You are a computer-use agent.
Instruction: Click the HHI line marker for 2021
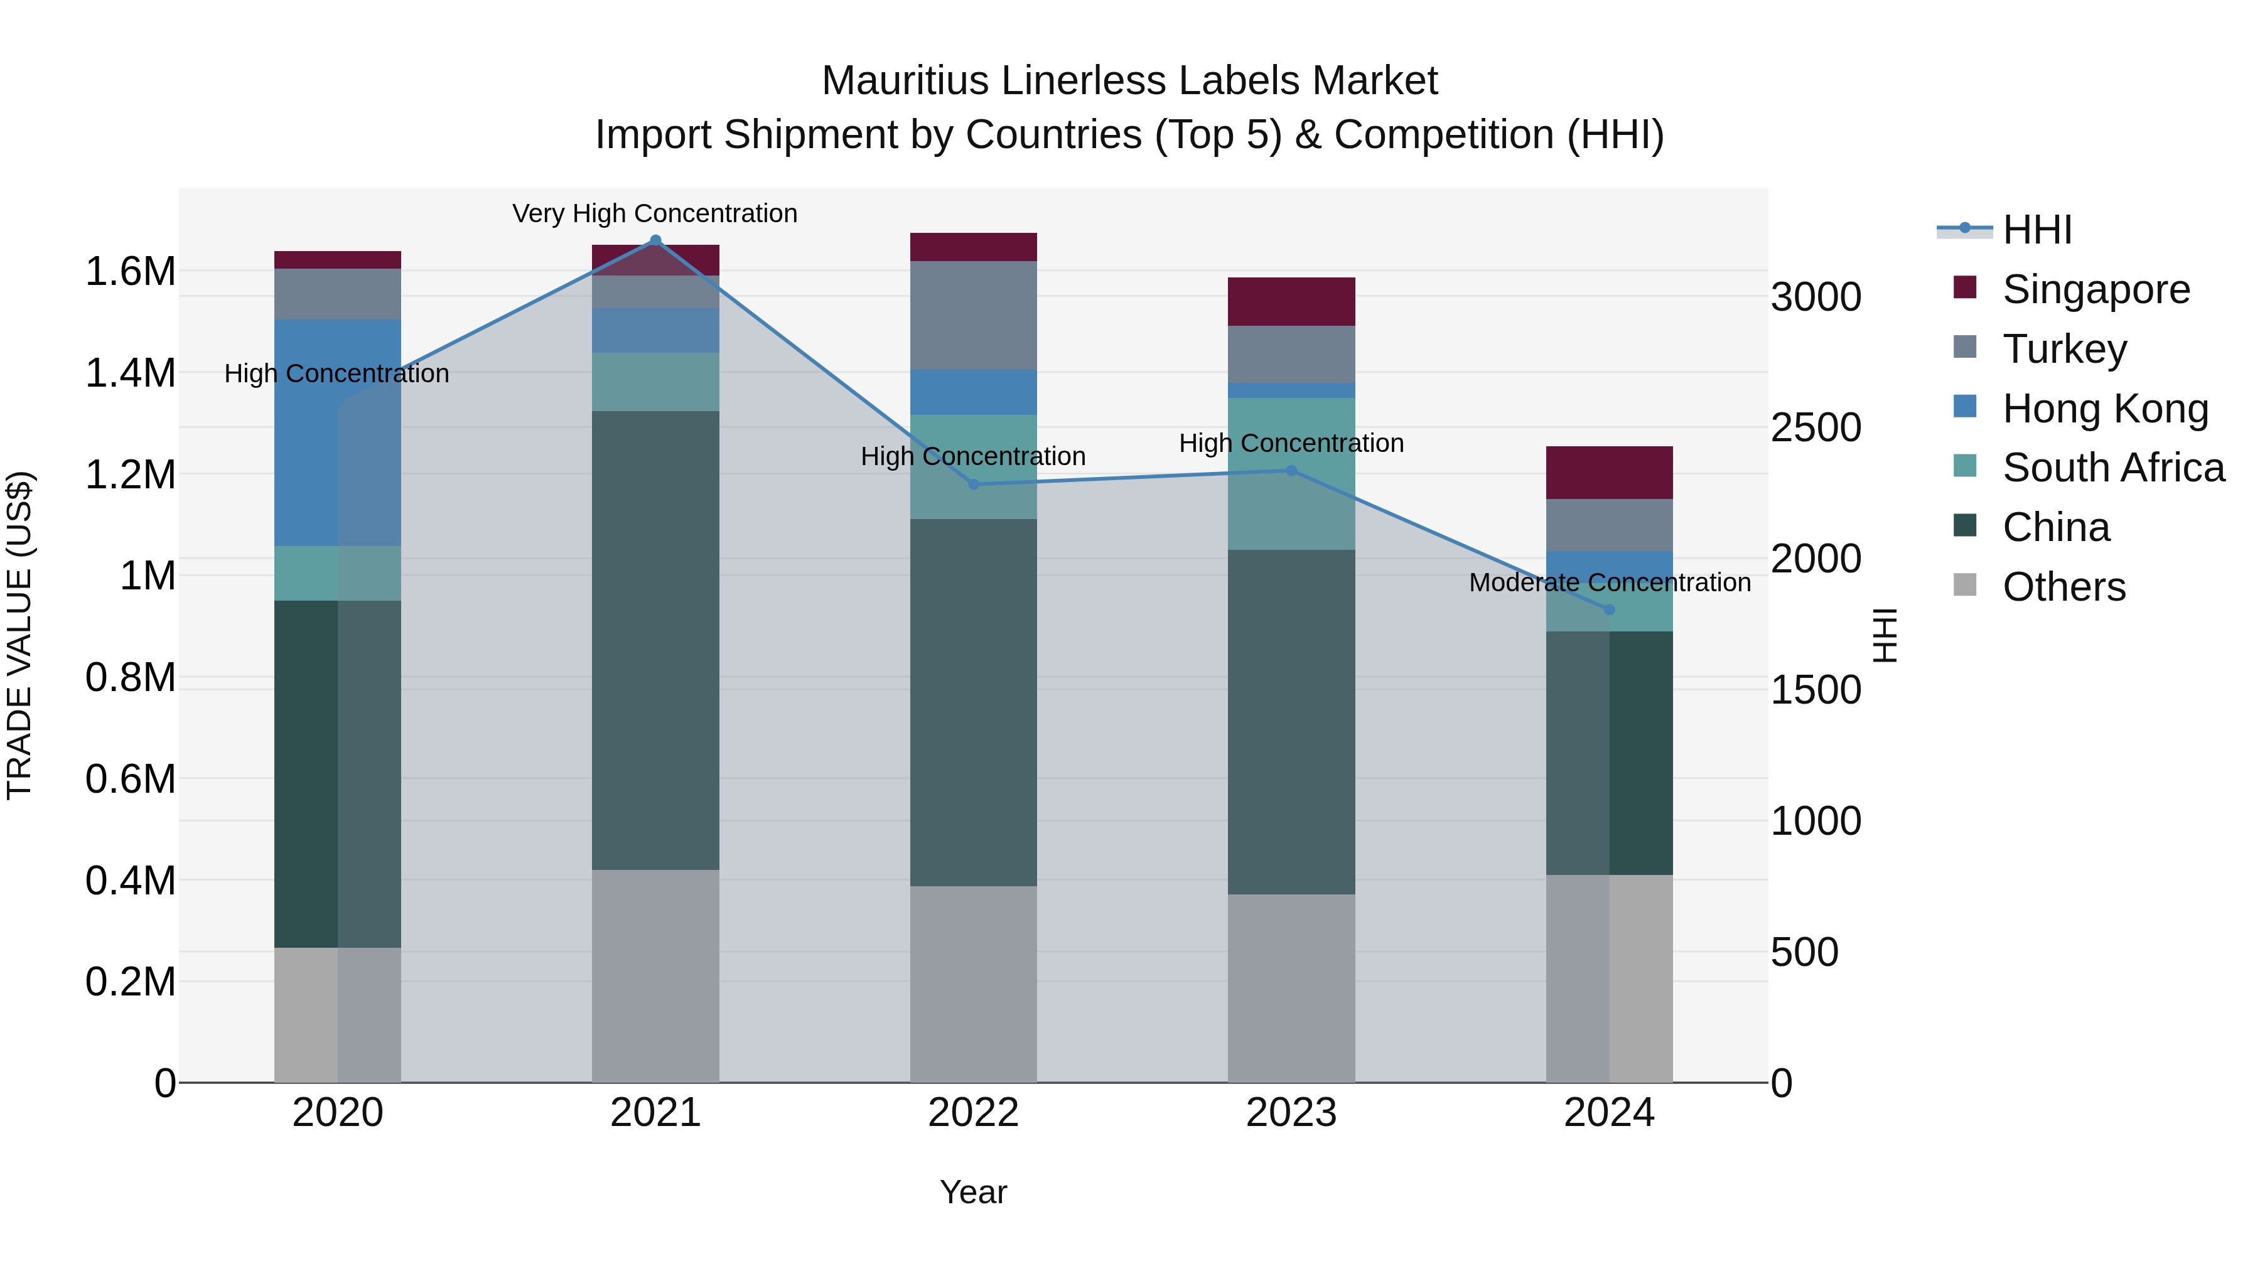coord(655,240)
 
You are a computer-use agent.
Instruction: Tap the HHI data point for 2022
coord(973,484)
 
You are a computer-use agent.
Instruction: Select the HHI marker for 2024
coord(1609,609)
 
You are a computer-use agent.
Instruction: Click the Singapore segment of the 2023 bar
coord(1291,302)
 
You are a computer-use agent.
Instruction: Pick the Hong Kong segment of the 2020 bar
coord(338,432)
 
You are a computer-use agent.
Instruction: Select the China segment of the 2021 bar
coord(655,640)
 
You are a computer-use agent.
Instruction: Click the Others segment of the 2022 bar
coord(973,984)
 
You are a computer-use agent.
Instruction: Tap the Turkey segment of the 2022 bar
coord(973,315)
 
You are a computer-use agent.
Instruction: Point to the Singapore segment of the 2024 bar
coord(1609,473)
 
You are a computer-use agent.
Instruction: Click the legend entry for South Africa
coord(2112,468)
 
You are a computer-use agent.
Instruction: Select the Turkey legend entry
coord(2064,349)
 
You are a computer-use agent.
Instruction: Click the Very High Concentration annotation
coord(655,213)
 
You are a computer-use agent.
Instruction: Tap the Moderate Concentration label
coord(1609,582)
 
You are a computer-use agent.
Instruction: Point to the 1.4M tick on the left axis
coord(130,373)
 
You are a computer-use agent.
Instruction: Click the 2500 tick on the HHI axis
coord(1815,428)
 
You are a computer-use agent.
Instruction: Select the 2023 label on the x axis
coord(1291,1113)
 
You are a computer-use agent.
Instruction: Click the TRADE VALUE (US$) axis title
coord(19,635)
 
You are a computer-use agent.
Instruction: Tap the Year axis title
coord(973,1192)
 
